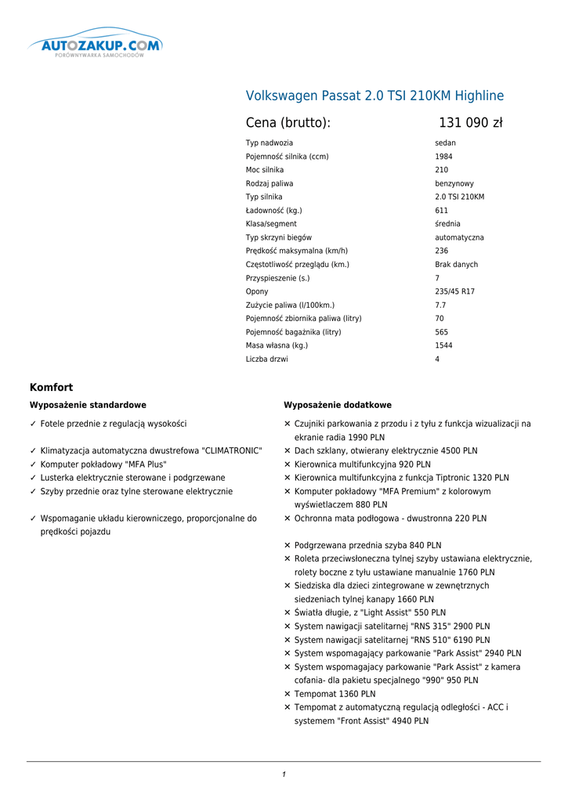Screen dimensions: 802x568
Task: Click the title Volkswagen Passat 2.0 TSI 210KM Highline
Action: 374,96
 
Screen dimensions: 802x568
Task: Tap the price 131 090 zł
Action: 470,123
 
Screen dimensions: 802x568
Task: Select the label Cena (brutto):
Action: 288,123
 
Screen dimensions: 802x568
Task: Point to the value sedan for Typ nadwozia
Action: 445,143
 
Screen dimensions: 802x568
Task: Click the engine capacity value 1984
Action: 443,157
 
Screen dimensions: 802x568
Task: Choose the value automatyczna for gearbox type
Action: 459,237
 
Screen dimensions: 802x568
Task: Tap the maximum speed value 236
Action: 441,251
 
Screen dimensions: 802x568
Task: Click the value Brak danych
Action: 456,265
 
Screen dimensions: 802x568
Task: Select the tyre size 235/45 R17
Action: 454,291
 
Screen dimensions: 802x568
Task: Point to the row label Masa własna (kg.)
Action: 277,345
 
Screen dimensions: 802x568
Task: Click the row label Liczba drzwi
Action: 266,359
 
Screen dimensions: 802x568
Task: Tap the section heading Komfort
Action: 51,388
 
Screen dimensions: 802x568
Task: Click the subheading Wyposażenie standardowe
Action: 88,405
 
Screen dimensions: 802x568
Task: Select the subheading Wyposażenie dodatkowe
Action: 337,405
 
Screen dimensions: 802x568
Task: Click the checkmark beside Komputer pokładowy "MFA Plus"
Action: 33,464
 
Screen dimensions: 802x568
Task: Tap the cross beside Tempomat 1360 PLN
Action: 288,694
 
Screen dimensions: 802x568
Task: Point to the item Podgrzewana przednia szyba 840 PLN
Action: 367,545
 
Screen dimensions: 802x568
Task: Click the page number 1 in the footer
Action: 284,775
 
